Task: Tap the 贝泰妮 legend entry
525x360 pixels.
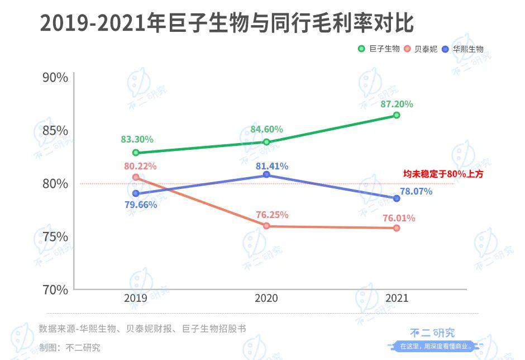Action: [422, 49]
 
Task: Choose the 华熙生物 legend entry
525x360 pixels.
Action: [463, 49]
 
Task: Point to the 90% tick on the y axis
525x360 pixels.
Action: [55, 78]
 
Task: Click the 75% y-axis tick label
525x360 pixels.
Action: [55, 236]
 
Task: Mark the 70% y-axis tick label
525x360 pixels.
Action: [55, 290]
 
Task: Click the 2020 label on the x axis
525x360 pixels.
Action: [266, 299]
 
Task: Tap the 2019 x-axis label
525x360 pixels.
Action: [136, 299]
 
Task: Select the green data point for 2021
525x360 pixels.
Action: [397, 115]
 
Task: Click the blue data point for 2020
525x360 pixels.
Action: [266, 175]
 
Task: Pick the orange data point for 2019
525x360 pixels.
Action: [136, 177]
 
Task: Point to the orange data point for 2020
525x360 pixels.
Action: [266, 226]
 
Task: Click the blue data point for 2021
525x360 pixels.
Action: [397, 198]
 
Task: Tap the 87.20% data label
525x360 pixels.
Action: [396, 104]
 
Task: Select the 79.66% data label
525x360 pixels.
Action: [141, 205]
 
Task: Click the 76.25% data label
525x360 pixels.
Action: [272, 215]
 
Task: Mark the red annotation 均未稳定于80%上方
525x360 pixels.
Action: [443, 174]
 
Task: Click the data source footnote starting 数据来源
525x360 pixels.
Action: [142, 329]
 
